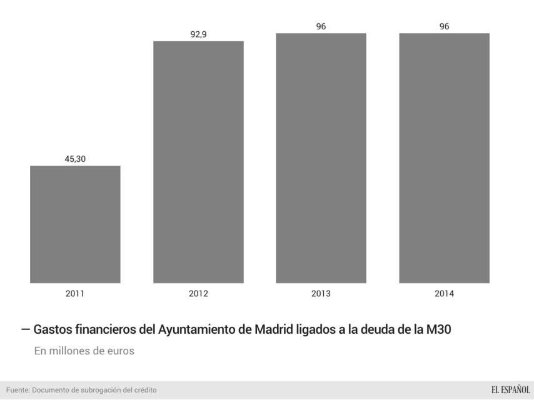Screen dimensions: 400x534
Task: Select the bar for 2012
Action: pos(198,162)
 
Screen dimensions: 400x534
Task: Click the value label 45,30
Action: pos(75,159)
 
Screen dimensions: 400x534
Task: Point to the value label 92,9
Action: pos(198,34)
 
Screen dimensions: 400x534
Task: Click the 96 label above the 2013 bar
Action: pos(321,26)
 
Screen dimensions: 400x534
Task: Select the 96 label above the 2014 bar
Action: pos(444,26)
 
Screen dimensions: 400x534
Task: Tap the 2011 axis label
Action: pos(75,294)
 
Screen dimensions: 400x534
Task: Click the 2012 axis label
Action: pos(198,294)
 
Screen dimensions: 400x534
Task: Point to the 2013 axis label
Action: pos(321,294)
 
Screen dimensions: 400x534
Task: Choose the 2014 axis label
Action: pos(444,294)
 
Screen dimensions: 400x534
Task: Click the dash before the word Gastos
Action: pos(25,329)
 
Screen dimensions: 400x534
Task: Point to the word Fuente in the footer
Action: pos(15,390)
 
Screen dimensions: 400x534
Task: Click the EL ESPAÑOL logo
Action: pos(510,390)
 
